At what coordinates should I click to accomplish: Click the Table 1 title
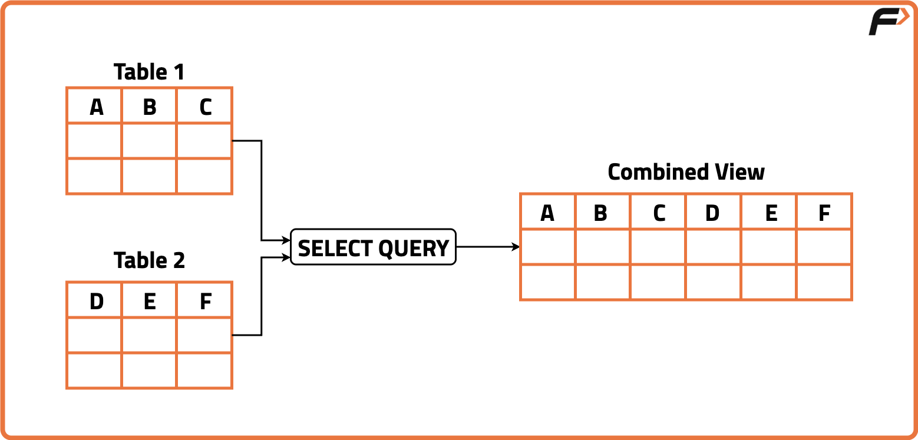[149, 72]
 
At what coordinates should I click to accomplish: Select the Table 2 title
[149, 260]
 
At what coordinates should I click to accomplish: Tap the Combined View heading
[686, 172]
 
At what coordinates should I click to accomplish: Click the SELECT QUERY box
[374, 247]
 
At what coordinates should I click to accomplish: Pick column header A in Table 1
[96, 107]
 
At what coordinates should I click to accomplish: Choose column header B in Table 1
[150, 107]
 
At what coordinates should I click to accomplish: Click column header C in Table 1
[205, 107]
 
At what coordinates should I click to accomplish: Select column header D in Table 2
[96, 302]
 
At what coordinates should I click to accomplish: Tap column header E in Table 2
[150, 302]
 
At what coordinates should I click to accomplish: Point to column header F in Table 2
[205, 302]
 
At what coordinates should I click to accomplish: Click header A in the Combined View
[547, 213]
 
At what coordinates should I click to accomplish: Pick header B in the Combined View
[600, 213]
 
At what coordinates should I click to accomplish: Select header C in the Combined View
[659, 213]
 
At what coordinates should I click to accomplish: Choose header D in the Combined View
[712, 213]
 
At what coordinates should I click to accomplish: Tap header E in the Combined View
[771, 213]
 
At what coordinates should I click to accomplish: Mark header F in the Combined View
[824, 213]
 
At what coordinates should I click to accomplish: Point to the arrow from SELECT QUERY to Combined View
[488, 247]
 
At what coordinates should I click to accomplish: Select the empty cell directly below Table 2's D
[94, 335]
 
